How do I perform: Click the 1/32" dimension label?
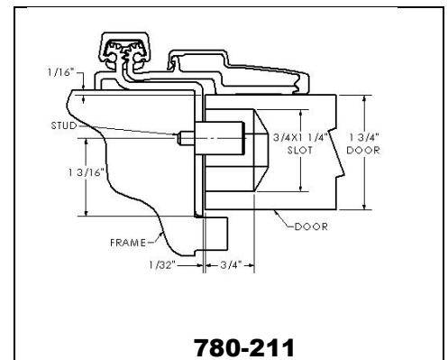click(163, 266)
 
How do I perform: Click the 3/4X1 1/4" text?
click(298, 138)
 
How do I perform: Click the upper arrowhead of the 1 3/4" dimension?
click(362, 98)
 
